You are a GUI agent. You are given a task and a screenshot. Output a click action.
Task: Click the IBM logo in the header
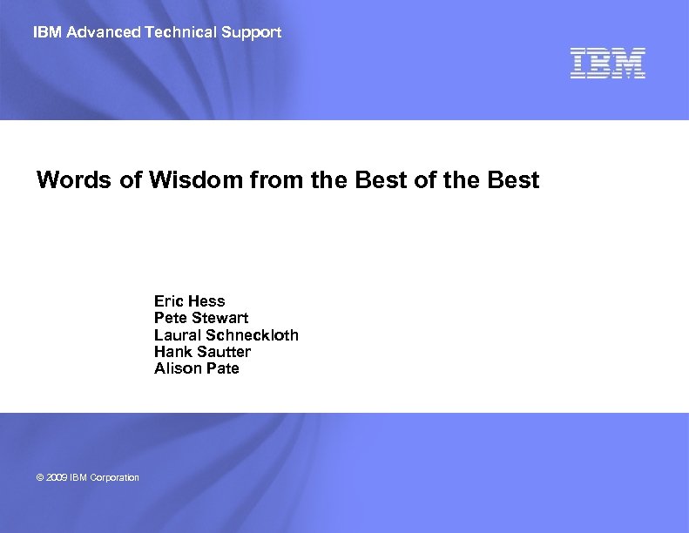[x=608, y=64]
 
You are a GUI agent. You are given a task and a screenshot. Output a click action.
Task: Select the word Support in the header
[x=253, y=32]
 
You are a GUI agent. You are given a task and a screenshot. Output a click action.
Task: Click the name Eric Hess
[x=189, y=301]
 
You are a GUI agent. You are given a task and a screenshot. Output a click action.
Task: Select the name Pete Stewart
[x=200, y=318]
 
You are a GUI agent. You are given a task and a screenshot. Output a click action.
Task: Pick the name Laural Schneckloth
[x=226, y=335]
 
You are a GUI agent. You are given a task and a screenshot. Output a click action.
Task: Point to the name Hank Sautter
[x=202, y=352]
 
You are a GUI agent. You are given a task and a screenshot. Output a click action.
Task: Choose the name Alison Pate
[x=196, y=368]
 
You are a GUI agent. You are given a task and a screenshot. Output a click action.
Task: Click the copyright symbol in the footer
[x=40, y=477]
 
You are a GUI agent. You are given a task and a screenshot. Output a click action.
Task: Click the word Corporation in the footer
[x=112, y=477]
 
